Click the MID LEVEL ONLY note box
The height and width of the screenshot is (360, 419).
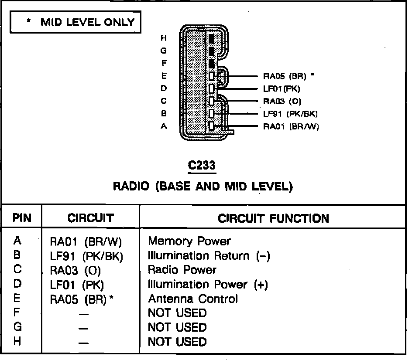pyautogui.click(x=76, y=22)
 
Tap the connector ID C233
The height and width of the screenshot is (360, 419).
pyautogui.click(x=201, y=166)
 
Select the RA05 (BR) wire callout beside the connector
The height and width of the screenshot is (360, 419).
pyautogui.click(x=285, y=76)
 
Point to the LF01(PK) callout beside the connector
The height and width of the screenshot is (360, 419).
pyautogui.click(x=282, y=89)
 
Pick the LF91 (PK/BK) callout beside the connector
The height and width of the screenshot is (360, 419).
pyautogui.click(x=290, y=114)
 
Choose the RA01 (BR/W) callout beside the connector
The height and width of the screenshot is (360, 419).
pyautogui.click(x=291, y=127)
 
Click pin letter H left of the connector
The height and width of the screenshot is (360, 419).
pyautogui.click(x=164, y=38)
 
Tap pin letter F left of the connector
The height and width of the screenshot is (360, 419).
pyautogui.click(x=164, y=64)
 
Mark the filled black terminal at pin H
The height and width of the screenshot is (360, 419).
pyautogui.click(x=212, y=39)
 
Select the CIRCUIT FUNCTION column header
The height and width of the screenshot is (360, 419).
pyautogui.click(x=273, y=218)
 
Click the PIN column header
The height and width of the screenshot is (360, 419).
pyautogui.click(x=22, y=218)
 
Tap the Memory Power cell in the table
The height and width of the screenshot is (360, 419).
pyautogui.click(x=189, y=241)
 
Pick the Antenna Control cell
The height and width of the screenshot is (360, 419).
pyautogui.click(x=193, y=299)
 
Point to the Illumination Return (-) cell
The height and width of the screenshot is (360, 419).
pyautogui.click(x=209, y=256)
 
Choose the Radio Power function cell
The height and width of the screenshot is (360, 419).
pyautogui.click(x=182, y=270)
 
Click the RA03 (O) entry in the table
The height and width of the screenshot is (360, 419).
pyautogui.click(x=75, y=271)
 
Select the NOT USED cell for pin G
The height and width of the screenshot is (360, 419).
pyautogui.click(x=177, y=327)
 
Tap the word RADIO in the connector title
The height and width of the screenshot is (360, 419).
pyautogui.click(x=131, y=187)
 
